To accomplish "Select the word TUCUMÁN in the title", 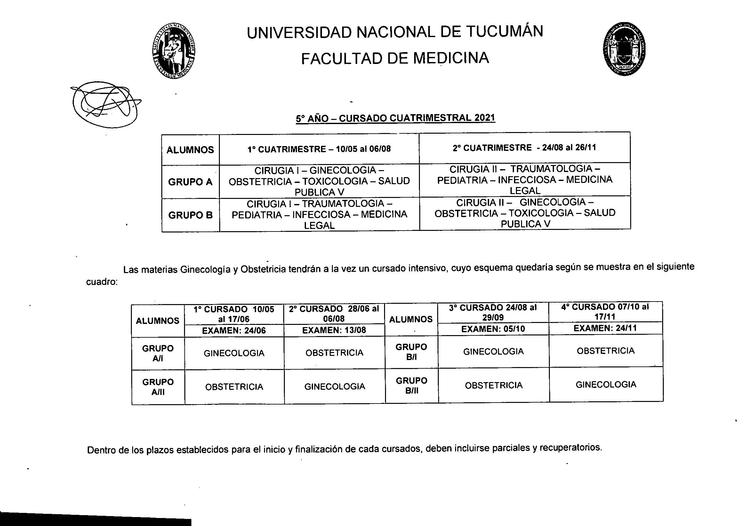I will click(x=505, y=32).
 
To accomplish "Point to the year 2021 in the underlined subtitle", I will click(x=485, y=117).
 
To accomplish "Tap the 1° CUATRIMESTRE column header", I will click(x=319, y=149).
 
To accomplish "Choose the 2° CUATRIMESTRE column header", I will click(x=524, y=148).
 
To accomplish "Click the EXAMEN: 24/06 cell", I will click(x=234, y=331).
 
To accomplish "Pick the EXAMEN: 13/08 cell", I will click(x=334, y=330).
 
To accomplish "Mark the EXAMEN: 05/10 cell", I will click(x=493, y=329).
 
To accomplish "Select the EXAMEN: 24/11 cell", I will click(x=605, y=328).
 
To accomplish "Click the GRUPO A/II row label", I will click(x=158, y=387).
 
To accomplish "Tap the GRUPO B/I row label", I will click(x=411, y=352).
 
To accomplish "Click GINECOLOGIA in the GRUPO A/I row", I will click(x=234, y=353).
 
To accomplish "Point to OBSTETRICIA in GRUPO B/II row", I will click(x=493, y=385).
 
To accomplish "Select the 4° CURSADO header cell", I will click(x=605, y=311).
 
